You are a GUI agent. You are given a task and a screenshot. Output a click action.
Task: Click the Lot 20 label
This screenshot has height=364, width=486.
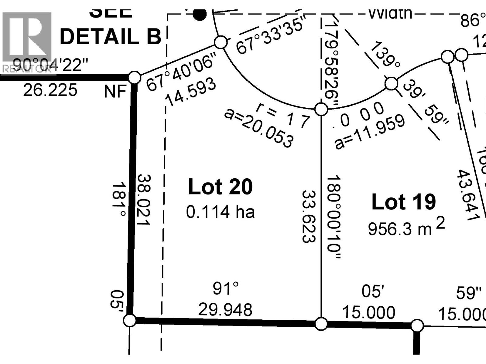tap(220, 187)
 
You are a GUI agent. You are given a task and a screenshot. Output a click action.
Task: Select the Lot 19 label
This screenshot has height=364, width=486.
tap(404, 202)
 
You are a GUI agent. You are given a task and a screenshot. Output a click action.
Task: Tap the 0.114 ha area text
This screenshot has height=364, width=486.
tap(220, 212)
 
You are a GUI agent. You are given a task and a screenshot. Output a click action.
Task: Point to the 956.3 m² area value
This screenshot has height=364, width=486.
tap(406, 228)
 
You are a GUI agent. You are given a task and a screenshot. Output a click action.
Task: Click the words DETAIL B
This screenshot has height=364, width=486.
tap(111, 37)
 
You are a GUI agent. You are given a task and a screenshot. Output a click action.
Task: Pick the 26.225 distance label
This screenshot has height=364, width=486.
tap(50, 90)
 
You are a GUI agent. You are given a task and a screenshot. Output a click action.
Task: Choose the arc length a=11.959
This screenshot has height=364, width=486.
tap(370, 132)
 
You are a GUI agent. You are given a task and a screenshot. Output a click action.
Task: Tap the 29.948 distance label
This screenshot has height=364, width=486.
tap(225, 310)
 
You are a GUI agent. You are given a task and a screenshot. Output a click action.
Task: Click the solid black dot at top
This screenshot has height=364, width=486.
tap(200, 14)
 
